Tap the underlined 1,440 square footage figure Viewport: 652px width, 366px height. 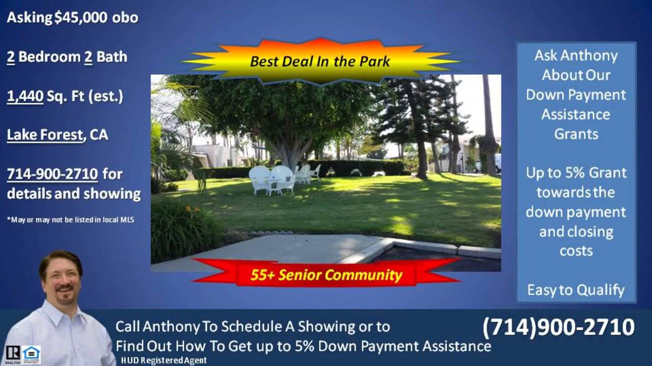(x=25, y=96)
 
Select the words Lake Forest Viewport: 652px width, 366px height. (x=45, y=135)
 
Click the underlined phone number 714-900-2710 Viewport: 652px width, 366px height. (x=52, y=174)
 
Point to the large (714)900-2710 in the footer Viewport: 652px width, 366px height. (x=558, y=327)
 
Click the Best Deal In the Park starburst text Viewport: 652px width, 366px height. (x=320, y=62)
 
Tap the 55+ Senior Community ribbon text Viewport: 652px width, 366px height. (x=326, y=276)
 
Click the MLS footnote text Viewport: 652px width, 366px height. (x=71, y=220)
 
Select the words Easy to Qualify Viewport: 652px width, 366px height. (x=576, y=290)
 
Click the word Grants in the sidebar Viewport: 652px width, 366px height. (x=576, y=134)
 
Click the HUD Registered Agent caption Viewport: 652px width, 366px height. (x=164, y=360)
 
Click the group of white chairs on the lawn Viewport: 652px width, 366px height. (x=283, y=178)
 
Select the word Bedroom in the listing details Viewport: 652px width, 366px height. (x=49, y=57)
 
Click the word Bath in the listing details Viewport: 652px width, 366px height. (x=112, y=57)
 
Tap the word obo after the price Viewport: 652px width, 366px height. (x=125, y=18)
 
